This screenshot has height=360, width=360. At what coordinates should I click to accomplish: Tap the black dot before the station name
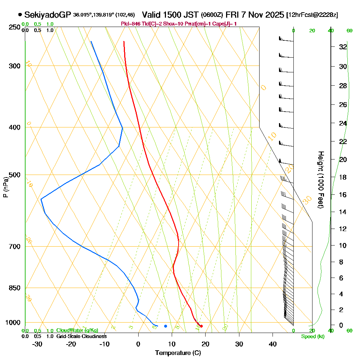click(x=20, y=15)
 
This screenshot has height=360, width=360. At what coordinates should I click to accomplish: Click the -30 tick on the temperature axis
click(x=37, y=344)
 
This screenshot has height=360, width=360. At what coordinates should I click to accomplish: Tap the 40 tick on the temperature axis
click(x=273, y=344)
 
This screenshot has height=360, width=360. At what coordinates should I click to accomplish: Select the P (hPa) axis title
click(x=5, y=187)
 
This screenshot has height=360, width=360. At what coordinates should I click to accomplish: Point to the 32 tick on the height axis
click(x=343, y=47)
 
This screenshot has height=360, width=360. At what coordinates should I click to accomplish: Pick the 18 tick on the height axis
click(x=343, y=177)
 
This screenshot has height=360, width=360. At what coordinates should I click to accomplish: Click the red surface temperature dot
click(x=201, y=326)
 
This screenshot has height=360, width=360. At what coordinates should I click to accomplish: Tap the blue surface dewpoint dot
click(x=166, y=326)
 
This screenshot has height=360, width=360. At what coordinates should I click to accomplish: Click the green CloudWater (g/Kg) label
click(x=77, y=330)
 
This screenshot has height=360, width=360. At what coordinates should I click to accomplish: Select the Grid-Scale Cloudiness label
click(x=81, y=336)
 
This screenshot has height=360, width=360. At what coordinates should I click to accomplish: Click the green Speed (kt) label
click(x=312, y=336)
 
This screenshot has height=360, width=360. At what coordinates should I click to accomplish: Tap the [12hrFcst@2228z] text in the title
click(x=312, y=15)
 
